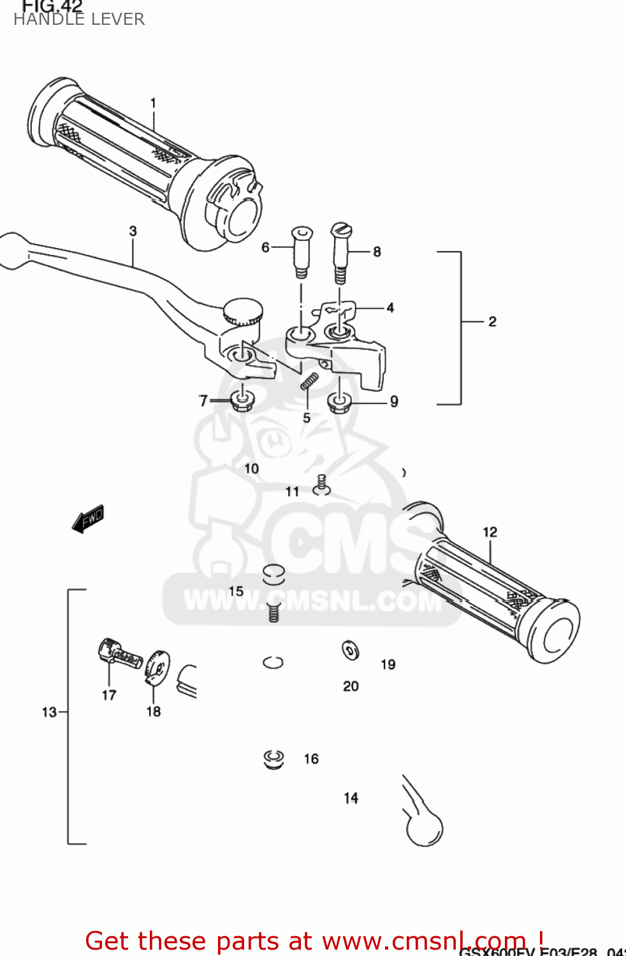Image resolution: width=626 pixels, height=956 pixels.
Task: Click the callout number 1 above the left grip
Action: (153, 103)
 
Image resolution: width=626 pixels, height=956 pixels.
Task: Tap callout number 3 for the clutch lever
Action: (133, 231)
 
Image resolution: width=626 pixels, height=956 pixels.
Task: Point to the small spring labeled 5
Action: (309, 382)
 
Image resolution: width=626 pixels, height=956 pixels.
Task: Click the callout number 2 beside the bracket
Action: (492, 321)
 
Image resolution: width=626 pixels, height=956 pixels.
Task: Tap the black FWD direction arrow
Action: (88, 519)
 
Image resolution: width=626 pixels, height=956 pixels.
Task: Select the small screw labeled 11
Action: (322, 485)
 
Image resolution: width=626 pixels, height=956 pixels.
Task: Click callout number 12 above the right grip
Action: (490, 532)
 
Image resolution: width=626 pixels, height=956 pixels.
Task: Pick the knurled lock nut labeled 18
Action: (157, 666)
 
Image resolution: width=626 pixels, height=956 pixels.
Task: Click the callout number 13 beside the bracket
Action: (49, 712)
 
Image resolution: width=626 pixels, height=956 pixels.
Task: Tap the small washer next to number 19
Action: (351, 650)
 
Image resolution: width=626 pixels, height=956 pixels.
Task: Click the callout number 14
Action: (351, 798)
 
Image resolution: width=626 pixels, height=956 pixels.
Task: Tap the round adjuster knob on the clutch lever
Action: (243, 312)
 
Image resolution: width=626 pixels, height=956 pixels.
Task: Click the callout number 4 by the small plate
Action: (390, 308)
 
